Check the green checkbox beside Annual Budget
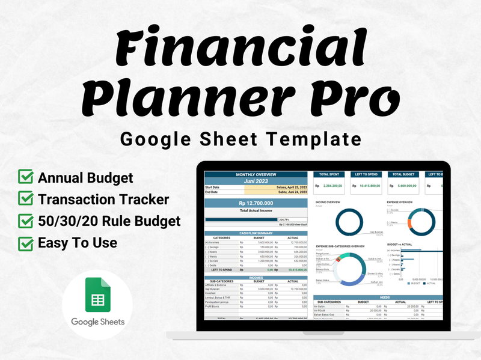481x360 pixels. pyautogui.click(x=26, y=178)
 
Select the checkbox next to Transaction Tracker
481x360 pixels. pyautogui.click(x=26, y=200)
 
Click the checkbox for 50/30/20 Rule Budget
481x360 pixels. pyautogui.click(x=26, y=221)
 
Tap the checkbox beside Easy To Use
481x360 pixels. pyautogui.click(x=26, y=243)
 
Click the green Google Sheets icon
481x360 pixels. pyautogui.click(x=97, y=294)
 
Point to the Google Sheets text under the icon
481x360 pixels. pyautogui.click(x=97, y=322)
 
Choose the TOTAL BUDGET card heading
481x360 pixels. pyautogui.click(x=404, y=174)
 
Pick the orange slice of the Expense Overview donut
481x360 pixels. pyautogui.click(x=409, y=227)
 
